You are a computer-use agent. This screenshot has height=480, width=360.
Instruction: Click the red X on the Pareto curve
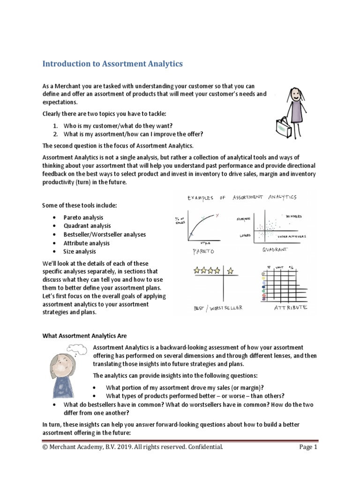pyautogui.click(x=217, y=215)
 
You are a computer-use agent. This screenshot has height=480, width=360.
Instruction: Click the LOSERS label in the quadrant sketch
pyautogui.click(x=246, y=235)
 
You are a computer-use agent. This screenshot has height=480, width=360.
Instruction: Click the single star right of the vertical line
pyautogui.click(x=230, y=270)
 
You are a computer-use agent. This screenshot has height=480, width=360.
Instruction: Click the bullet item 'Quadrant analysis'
pyautogui.click(x=87, y=226)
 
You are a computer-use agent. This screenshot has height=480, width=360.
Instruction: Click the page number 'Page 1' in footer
pyautogui.click(x=308, y=447)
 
